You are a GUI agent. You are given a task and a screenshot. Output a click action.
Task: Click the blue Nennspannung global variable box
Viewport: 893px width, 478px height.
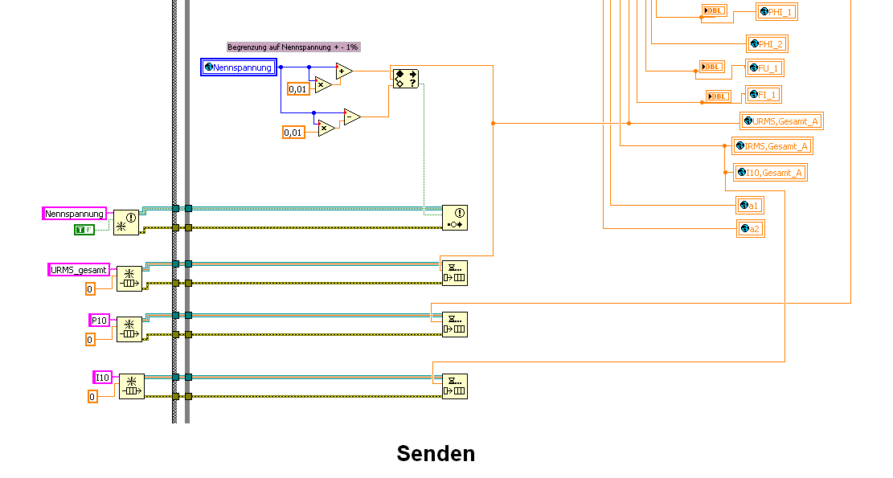tap(239, 67)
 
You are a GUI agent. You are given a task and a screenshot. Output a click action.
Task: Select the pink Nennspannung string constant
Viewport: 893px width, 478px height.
tap(74, 214)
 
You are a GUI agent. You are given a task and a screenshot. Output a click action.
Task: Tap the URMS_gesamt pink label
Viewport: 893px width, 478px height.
tap(79, 270)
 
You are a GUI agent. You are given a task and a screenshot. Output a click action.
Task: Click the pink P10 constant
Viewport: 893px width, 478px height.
tap(100, 321)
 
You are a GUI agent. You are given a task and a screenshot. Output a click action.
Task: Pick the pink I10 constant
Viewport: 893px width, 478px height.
tap(103, 378)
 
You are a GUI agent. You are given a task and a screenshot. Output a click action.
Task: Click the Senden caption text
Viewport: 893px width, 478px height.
tap(436, 454)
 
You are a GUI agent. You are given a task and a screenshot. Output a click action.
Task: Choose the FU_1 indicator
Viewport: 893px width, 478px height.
tap(765, 68)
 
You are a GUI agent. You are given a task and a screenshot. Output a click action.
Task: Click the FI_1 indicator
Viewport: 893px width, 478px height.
tap(764, 95)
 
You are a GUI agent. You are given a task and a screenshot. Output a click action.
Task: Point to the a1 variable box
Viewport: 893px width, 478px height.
tap(750, 206)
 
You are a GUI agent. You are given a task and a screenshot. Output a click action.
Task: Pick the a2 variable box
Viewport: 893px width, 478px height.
tap(750, 230)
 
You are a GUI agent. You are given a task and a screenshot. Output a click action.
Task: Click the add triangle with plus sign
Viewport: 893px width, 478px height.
tap(343, 71)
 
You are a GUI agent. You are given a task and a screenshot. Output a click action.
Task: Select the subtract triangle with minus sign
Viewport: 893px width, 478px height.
tap(351, 117)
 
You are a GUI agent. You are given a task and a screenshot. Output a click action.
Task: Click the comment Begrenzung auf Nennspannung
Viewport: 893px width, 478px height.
tap(293, 47)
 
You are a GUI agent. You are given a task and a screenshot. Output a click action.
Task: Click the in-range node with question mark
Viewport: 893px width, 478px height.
tap(405, 79)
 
